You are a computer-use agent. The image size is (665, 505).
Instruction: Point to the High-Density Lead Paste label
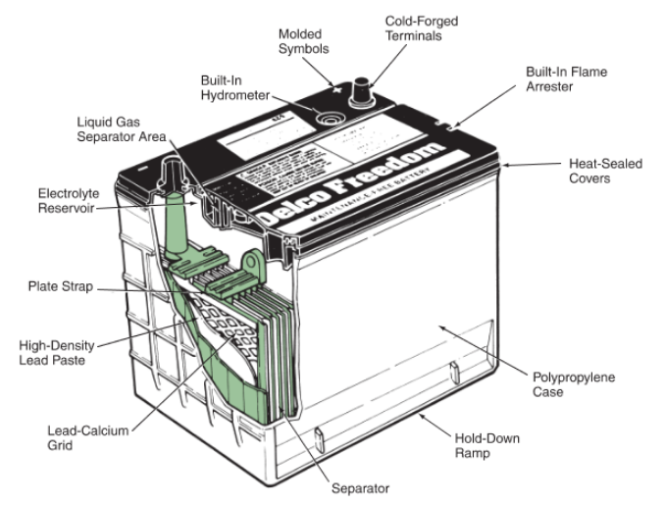(x=60, y=352)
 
